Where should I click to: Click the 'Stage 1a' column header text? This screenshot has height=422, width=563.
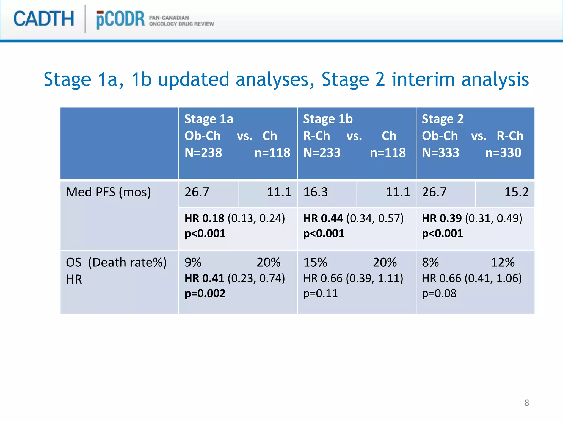coord(209,119)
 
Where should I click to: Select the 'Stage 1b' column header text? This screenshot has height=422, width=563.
coord(328,119)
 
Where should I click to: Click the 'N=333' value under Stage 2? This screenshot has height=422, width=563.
coord(440,153)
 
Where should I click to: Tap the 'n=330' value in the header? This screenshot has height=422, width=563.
coord(503,153)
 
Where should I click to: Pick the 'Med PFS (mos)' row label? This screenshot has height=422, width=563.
coord(108,192)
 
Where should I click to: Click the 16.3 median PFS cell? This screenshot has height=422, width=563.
coord(315,192)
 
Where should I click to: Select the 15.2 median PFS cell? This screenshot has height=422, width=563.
coord(516,192)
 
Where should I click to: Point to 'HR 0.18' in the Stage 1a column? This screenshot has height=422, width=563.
coord(204,218)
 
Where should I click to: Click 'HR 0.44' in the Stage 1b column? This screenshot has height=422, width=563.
coord(323,218)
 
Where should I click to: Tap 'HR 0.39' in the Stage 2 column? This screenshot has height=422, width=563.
coord(442,218)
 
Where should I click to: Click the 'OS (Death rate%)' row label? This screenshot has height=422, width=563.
coord(116,263)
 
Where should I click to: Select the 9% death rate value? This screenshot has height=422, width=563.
coord(193,263)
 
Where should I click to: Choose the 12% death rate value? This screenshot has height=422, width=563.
coord(503,263)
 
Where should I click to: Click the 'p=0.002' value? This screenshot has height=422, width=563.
coord(205,294)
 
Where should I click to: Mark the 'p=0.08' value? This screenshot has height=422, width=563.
coord(439,294)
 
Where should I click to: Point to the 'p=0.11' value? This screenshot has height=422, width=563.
coord(320,294)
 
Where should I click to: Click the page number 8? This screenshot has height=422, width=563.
coord(526,403)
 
